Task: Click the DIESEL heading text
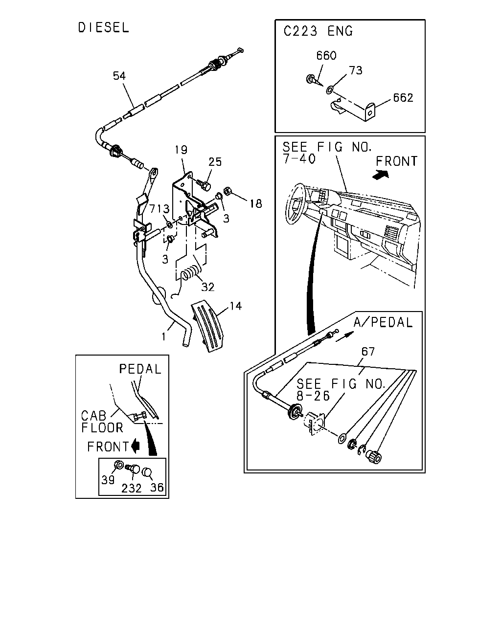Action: pos(103,28)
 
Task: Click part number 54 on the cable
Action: pos(119,76)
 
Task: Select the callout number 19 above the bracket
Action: pos(181,150)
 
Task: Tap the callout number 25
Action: pos(215,162)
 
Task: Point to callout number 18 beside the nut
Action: pos(256,203)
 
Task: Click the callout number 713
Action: pos(159,209)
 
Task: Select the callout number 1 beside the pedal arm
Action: pos(163,336)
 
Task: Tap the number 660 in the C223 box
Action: pos(326,56)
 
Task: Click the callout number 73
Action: pos(356,70)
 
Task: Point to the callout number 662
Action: pos(403,98)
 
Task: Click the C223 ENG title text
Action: pos(318,31)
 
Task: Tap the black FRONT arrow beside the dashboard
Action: pos(381,175)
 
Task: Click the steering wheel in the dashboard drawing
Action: pos(296,204)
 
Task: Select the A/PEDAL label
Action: pos(383,322)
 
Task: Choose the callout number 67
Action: pos(368,352)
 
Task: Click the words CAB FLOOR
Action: pos(102,422)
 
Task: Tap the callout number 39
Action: pos(108,480)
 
